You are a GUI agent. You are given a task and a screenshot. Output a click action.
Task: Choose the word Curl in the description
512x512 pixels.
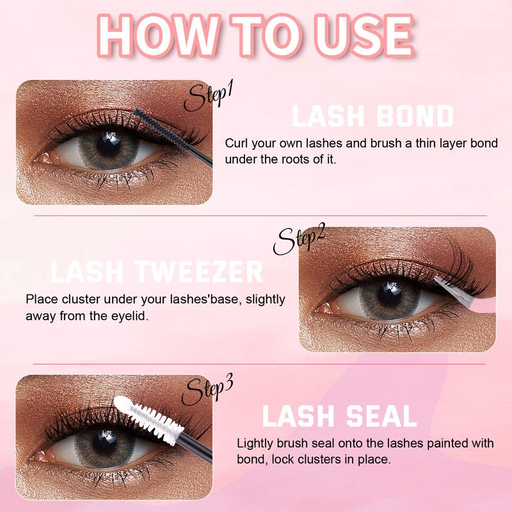click(237, 142)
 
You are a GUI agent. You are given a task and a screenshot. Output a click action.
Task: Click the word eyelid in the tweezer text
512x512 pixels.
click(131, 316)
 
